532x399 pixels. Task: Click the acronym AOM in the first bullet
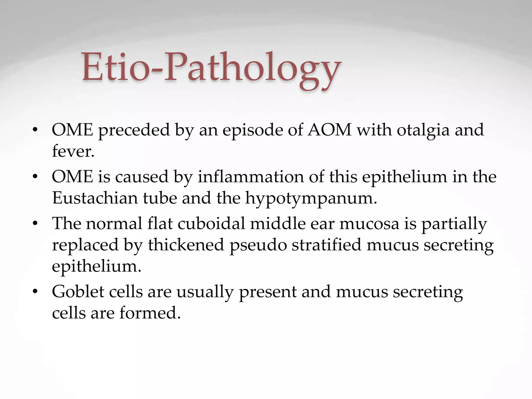329,130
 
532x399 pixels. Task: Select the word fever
73,151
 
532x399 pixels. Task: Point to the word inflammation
250,177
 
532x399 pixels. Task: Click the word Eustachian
95,198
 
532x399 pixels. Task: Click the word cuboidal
211,223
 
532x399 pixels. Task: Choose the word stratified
327,245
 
